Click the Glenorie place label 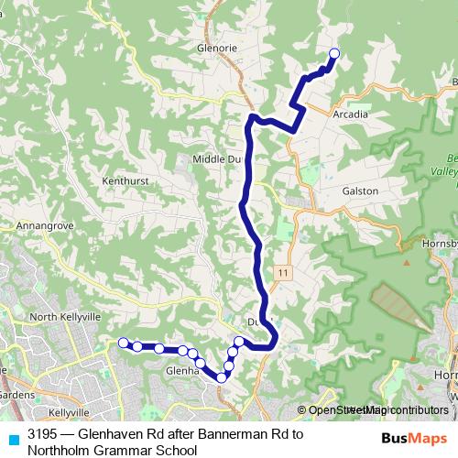[216, 50]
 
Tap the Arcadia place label [352, 115]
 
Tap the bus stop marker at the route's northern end [333, 54]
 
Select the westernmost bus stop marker [124, 343]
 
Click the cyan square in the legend [13, 438]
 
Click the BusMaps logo [409, 438]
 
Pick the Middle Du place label [216, 158]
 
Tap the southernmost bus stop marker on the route [222, 377]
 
